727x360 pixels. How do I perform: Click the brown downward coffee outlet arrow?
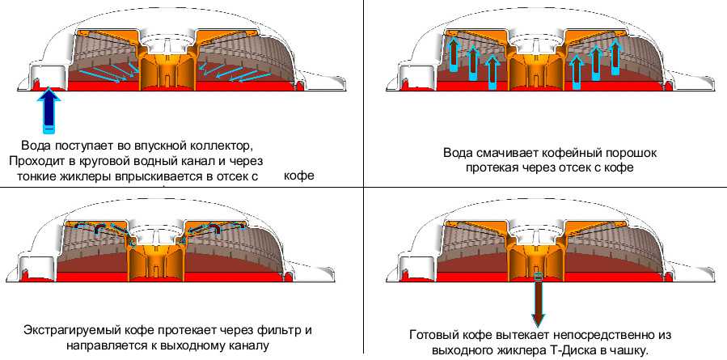539,298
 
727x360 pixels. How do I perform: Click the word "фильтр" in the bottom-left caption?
280,331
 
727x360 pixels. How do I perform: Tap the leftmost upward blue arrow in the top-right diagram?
454,55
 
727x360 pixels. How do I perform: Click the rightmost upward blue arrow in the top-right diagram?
615,57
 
